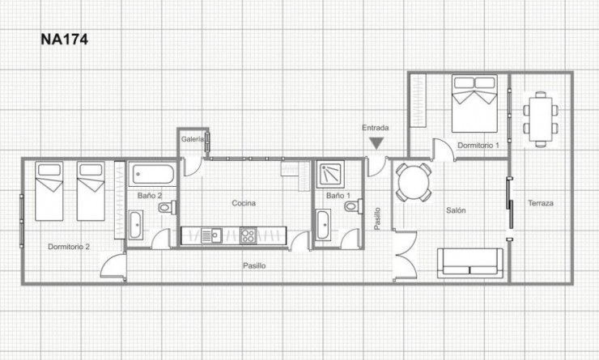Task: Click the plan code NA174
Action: (x=64, y=38)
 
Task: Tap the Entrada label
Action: (x=376, y=128)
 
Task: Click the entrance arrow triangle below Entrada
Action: (x=376, y=143)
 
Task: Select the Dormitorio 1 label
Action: (x=478, y=145)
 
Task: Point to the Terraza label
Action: (x=540, y=203)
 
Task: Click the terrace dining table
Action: (x=539, y=117)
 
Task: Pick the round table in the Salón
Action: (x=414, y=183)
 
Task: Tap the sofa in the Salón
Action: (x=469, y=261)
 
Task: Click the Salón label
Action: (x=456, y=210)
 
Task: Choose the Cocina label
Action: (x=244, y=203)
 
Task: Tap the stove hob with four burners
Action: (x=249, y=236)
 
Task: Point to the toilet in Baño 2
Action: (x=167, y=208)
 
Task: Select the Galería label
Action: (x=192, y=139)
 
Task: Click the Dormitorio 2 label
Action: (x=69, y=246)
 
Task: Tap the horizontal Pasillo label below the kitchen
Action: (x=255, y=265)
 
